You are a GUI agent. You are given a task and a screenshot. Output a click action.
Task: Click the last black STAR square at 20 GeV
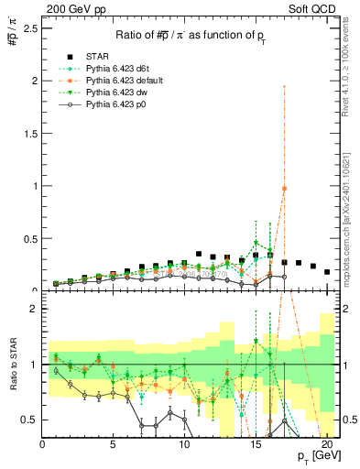(x=327, y=271)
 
